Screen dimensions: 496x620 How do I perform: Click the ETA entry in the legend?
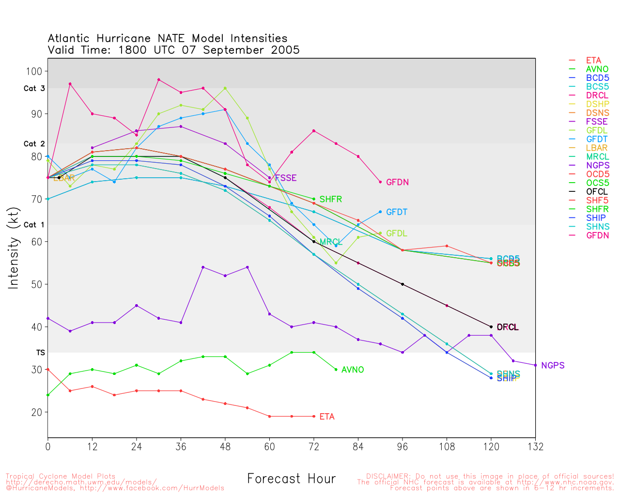tap(593, 61)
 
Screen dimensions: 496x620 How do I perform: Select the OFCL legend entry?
tap(597, 192)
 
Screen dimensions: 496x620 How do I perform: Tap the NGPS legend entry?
tap(597, 166)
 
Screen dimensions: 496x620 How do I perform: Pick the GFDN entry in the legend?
tap(597, 235)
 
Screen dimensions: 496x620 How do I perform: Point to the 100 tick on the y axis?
tap(36, 71)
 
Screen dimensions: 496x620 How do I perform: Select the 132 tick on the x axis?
tap(535, 447)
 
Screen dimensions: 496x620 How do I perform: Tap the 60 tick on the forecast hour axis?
tap(269, 447)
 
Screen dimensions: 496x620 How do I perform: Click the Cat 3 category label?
tap(34, 89)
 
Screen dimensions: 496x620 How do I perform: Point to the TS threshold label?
tap(41, 353)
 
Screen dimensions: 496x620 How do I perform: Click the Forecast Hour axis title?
tap(291, 479)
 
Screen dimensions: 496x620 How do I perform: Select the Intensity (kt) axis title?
tap(14, 248)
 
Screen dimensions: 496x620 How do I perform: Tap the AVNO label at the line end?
tap(353, 370)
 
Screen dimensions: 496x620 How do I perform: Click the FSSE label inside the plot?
tap(286, 178)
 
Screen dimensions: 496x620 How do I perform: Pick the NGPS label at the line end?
tap(553, 366)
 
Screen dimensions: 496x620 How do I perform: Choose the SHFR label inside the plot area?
tap(331, 200)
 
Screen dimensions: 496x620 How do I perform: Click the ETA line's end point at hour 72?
tap(314, 417)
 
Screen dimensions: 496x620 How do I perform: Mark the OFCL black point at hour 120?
tap(491, 327)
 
